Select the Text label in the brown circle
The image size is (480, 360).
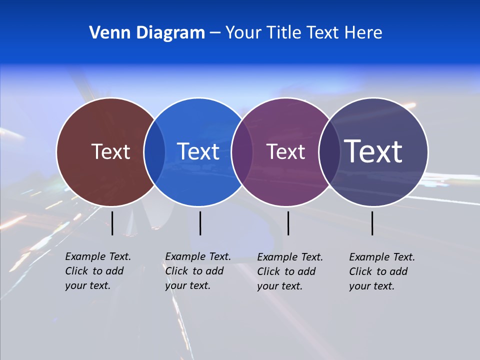pos(110,151)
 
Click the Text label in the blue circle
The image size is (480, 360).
pos(198,151)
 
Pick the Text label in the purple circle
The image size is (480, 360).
pos(285,151)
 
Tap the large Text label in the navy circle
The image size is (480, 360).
pos(373,151)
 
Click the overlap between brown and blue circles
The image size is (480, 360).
pos(154,152)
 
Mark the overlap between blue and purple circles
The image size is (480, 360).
pos(241,152)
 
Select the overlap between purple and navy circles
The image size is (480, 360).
pos(328,152)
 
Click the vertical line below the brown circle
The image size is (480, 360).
pos(112,223)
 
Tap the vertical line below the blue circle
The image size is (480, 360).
pos(200,223)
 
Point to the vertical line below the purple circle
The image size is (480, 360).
pos(288,223)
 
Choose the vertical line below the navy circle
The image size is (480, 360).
pos(372,223)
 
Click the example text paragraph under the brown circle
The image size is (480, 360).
pos(97,271)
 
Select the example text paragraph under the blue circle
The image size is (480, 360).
pos(197,271)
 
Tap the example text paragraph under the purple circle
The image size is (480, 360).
pos(289,271)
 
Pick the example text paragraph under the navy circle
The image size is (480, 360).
pos(381,271)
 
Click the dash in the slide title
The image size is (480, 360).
pos(215,33)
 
